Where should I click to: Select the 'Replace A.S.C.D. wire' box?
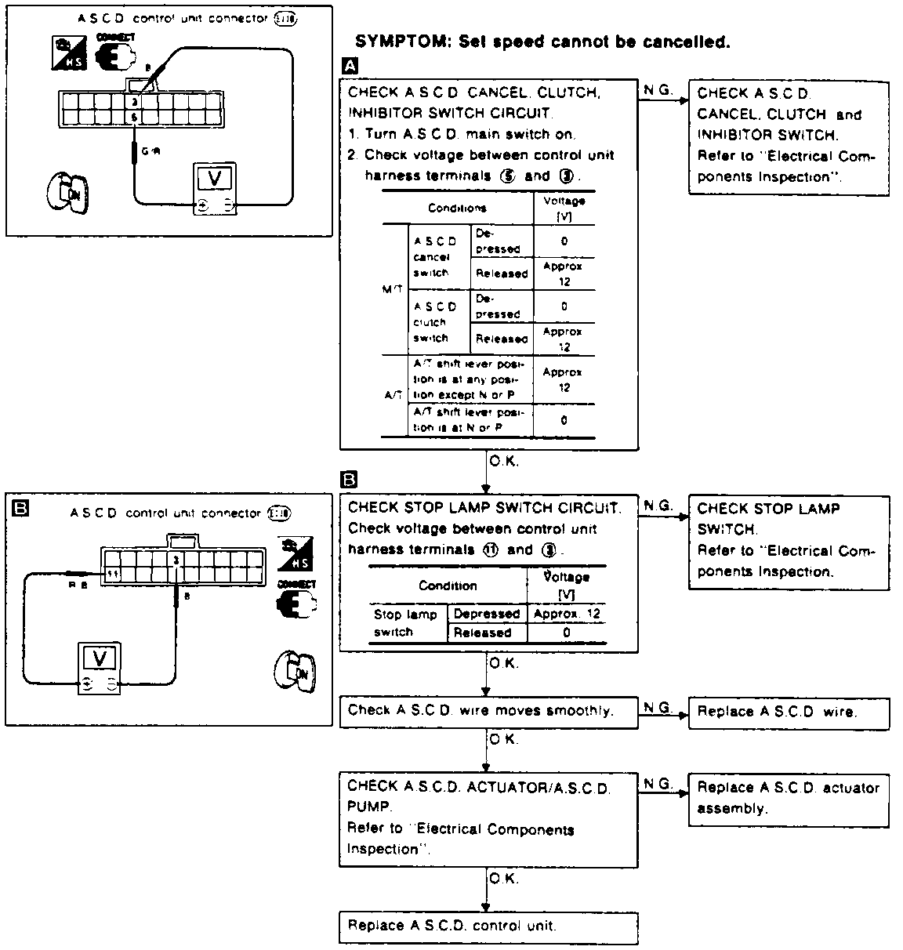[x=789, y=713]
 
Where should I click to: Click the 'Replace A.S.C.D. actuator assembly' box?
[x=789, y=799]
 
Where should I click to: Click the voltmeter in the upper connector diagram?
[x=216, y=189]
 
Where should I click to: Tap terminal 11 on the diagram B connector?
[x=113, y=575]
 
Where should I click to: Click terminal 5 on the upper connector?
[x=135, y=117]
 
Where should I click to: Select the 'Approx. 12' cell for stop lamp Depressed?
[x=566, y=614]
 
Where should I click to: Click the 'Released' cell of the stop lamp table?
[x=482, y=633]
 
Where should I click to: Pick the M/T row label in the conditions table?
[x=393, y=289]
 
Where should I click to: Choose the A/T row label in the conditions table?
[x=393, y=396]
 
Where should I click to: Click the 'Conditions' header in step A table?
[x=457, y=208]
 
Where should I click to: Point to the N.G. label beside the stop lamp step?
[x=658, y=506]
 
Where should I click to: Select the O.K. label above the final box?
[x=503, y=879]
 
